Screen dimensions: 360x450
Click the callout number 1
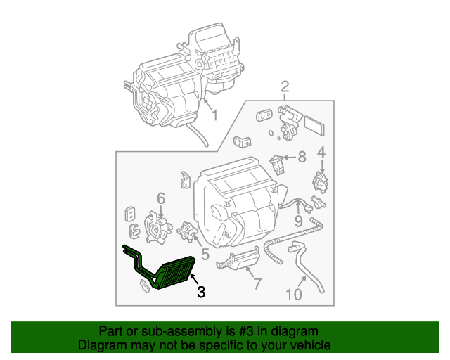pos(214,115)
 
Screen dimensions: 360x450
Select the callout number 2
pos(285,87)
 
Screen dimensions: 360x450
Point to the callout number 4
pos(321,152)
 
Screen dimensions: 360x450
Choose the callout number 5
pos(205,253)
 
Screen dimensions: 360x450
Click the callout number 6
pos(160,199)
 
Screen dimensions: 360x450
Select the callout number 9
pos(298,221)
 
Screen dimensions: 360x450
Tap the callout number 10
pos(294,294)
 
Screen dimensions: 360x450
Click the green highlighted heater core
pos(173,274)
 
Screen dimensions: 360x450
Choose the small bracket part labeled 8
pos(278,164)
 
